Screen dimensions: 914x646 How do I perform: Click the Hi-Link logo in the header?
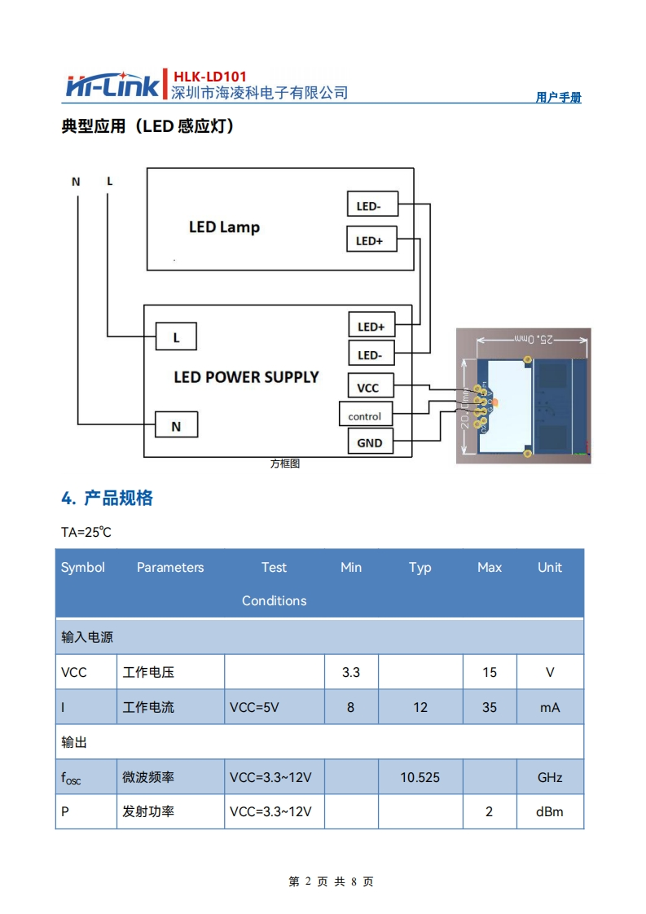[x=115, y=85]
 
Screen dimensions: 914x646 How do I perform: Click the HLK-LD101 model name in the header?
[x=210, y=77]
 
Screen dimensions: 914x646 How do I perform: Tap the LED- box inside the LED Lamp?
[x=371, y=205]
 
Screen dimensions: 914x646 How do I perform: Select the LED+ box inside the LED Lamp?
[x=371, y=240]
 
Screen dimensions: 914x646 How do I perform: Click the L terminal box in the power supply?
[x=176, y=336]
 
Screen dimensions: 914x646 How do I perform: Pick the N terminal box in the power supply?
[x=176, y=425]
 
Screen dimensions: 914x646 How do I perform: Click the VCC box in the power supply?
[x=369, y=387]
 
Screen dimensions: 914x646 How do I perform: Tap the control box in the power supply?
[x=365, y=416]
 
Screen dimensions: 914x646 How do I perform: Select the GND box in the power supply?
[x=369, y=442]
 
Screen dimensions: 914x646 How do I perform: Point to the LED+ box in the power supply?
[x=371, y=326]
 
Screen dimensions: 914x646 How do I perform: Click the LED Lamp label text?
[x=224, y=226]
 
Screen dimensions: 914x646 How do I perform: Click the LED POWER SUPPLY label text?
[x=246, y=377]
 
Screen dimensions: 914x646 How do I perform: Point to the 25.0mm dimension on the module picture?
[x=533, y=339]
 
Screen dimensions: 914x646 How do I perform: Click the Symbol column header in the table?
[x=83, y=567]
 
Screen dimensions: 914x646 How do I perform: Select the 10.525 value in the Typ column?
[x=420, y=777]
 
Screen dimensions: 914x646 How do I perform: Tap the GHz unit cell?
[x=550, y=777]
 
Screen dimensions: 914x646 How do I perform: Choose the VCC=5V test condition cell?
[x=254, y=707]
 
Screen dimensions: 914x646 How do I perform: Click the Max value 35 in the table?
[x=489, y=707]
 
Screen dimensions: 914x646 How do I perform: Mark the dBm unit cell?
[x=550, y=811]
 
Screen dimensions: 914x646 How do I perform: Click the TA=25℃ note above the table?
[x=86, y=532]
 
